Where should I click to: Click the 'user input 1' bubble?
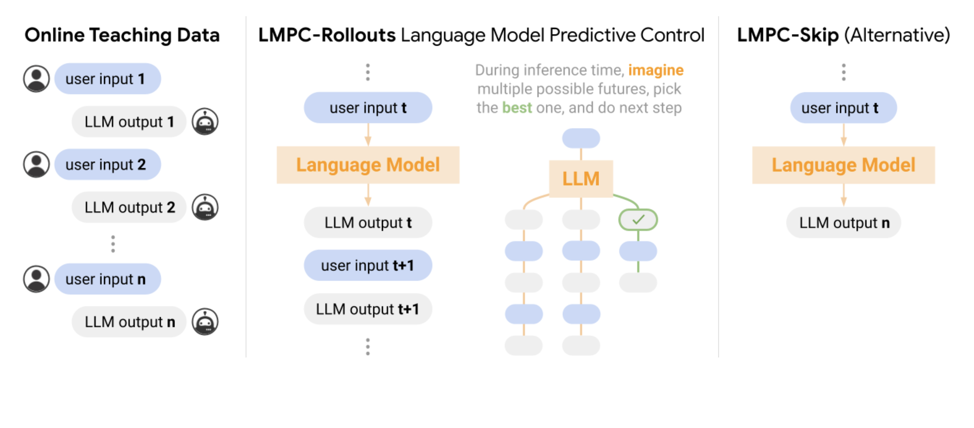point(108,79)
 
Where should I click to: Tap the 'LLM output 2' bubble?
point(129,208)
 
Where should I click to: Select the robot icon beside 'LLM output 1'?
point(205,122)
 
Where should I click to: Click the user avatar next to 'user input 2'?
point(37,165)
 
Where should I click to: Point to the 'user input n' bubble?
point(108,279)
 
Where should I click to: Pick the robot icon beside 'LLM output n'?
point(205,322)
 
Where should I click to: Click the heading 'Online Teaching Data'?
point(122,35)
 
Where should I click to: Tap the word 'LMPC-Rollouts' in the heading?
point(327,35)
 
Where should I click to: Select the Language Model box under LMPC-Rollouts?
point(368,165)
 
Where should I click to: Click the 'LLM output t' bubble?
point(368,223)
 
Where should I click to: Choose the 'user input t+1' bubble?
point(368,265)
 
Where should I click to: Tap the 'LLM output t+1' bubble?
point(368,309)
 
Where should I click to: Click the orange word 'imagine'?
point(656,70)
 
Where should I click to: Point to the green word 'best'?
point(517,108)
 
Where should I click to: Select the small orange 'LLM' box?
point(581,179)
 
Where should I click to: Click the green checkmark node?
point(638,220)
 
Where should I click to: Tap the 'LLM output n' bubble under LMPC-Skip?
point(844,223)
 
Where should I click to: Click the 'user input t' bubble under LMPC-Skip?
point(843,108)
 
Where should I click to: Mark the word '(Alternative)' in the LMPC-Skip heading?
point(897,35)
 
